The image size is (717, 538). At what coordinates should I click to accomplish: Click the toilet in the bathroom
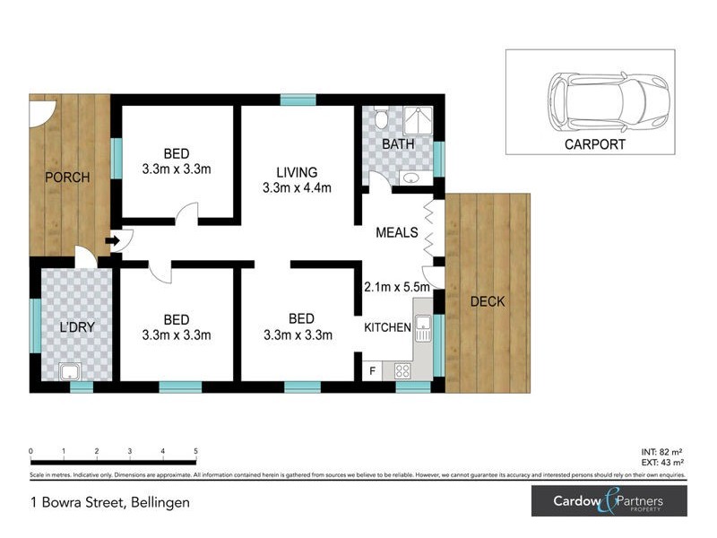(x=380, y=119)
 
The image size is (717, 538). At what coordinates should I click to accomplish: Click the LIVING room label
(x=297, y=172)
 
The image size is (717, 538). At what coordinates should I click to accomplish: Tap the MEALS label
(x=397, y=232)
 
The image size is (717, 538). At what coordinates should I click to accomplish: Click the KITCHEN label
(x=387, y=328)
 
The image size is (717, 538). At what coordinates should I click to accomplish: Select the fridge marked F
(x=372, y=369)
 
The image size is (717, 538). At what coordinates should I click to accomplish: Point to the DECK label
(x=488, y=301)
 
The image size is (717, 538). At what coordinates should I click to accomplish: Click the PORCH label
(x=68, y=178)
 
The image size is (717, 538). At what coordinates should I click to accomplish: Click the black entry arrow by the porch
(x=111, y=240)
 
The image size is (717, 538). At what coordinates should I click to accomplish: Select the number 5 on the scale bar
(x=195, y=451)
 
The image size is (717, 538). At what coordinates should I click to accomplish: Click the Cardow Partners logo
(x=609, y=500)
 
